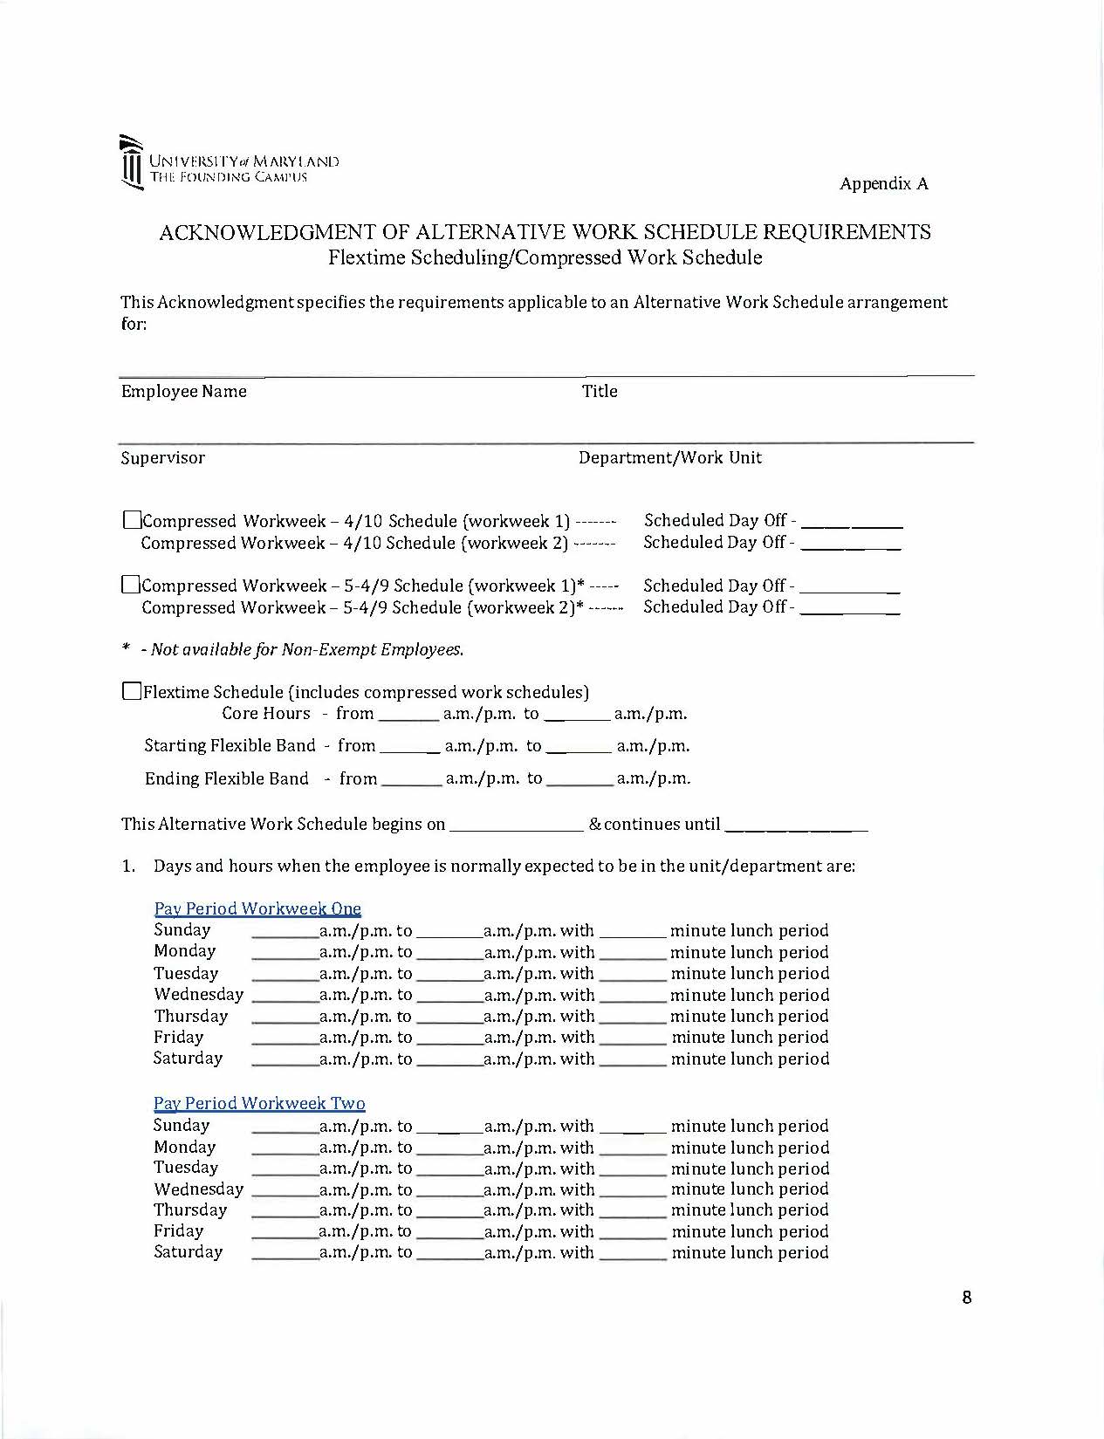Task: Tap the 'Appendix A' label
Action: coord(883,183)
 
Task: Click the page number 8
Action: coord(966,1298)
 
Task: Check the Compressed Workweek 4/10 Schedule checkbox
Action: coord(132,521)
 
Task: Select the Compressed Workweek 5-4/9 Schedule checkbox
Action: coord(131,585)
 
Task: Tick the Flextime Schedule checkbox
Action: coord(132,692)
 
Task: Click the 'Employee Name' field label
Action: coord(183,392)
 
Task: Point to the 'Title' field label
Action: coord(600,392)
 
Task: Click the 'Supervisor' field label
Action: coord(163,458)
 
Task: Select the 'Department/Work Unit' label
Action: coord(669,458)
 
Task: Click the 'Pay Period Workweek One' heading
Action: coord(257,908)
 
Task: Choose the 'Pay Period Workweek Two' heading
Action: coord(259,1103)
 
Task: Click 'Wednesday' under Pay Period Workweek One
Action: coord(198,995)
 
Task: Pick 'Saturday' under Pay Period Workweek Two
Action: coord(188,1252)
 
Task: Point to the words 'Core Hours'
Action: coord(265,714)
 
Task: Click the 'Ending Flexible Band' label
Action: coord(226,778)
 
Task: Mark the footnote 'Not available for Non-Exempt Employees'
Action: coord(302,650)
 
